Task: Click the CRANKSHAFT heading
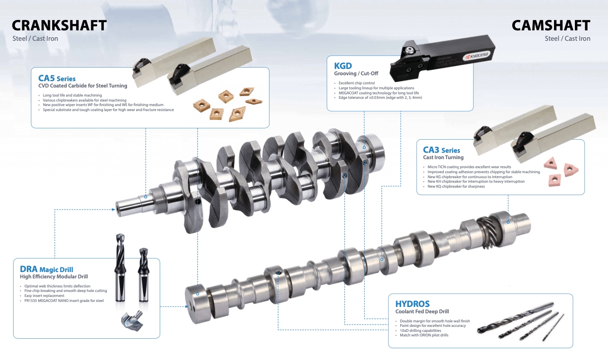pyautogui.click(x=59, y=25)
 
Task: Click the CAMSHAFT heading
pyautogui.click(x=551, y=25)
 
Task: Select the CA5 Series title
pyautogui.click(x=57, y=78)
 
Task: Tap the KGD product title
pyautogui.click(x=343, y=66)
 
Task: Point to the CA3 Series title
pyautogui.click(x=441, y=150)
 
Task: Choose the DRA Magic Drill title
pyautogui.click(x=46, y=269)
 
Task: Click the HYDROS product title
pyautogui.click(x=412, y=304)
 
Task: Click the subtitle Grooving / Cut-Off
pyautogui.click(x=356, y=73)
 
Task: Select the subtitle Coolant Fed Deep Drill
pyautogui.click(x=422, y=311)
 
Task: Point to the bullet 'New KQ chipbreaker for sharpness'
pyautogui.click(x=456, y=186)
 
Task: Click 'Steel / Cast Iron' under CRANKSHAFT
pyautogui.click(x=35, y=39)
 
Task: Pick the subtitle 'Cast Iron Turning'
pyautogui.click(x=443, y=157)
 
